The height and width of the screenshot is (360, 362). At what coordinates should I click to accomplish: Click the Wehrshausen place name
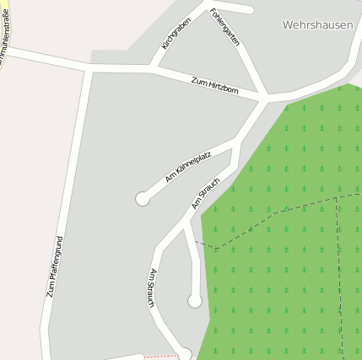(317, 25)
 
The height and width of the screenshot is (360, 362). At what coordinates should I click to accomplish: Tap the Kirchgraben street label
(176, 33)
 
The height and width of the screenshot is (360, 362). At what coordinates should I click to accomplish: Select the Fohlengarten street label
(224, 27)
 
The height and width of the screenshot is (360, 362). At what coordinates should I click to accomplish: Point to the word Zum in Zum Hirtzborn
(199, 81)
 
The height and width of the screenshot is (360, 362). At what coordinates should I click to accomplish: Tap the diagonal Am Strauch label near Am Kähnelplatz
(206, 193)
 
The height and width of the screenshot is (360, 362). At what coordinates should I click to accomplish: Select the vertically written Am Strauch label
(153, 287)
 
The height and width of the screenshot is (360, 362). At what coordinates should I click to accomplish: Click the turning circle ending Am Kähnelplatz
(143, 199)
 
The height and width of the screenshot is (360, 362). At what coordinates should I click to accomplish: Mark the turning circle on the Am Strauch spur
(195, 300)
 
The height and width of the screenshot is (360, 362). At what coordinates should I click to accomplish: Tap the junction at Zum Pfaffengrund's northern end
(87, 67)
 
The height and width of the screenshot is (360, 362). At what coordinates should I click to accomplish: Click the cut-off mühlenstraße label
(6, 32)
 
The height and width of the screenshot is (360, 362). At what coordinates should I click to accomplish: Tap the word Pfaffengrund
(57, 260)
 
